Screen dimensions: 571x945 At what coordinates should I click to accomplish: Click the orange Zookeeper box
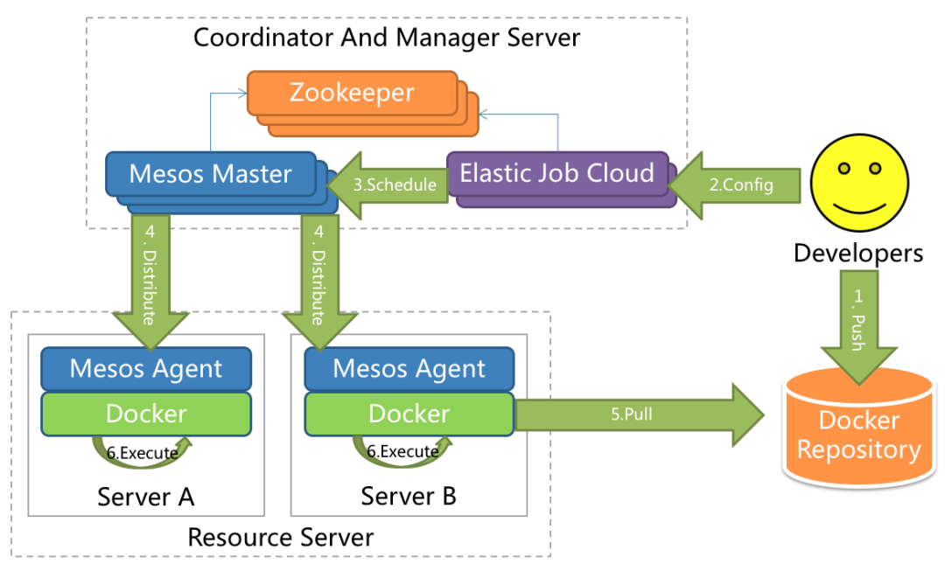click(352, 93)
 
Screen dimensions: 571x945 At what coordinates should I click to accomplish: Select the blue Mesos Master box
click(211, 173)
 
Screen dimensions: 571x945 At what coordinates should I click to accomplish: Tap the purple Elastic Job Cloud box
click(556, 173)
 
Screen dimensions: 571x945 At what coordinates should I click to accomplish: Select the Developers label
click(857, 254)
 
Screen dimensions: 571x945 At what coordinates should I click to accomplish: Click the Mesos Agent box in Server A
click(146, 368)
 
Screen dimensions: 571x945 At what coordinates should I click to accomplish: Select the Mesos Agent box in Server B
click(409, 368)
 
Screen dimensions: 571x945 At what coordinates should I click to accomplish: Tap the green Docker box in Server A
click(146, 413)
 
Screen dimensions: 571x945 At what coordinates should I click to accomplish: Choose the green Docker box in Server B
click(409, 413)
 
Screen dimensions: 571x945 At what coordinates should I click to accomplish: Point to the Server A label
click(145, 497)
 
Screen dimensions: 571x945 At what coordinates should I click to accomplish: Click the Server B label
click(409, 497)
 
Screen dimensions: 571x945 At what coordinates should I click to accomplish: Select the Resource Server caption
click(280, 537)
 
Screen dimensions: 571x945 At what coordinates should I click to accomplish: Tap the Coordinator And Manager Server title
click(386, 38)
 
